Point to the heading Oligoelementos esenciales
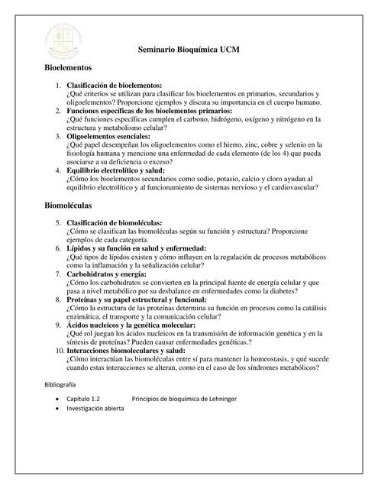click(x=116, y=136)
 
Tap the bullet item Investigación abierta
click(x=95, y=410)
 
